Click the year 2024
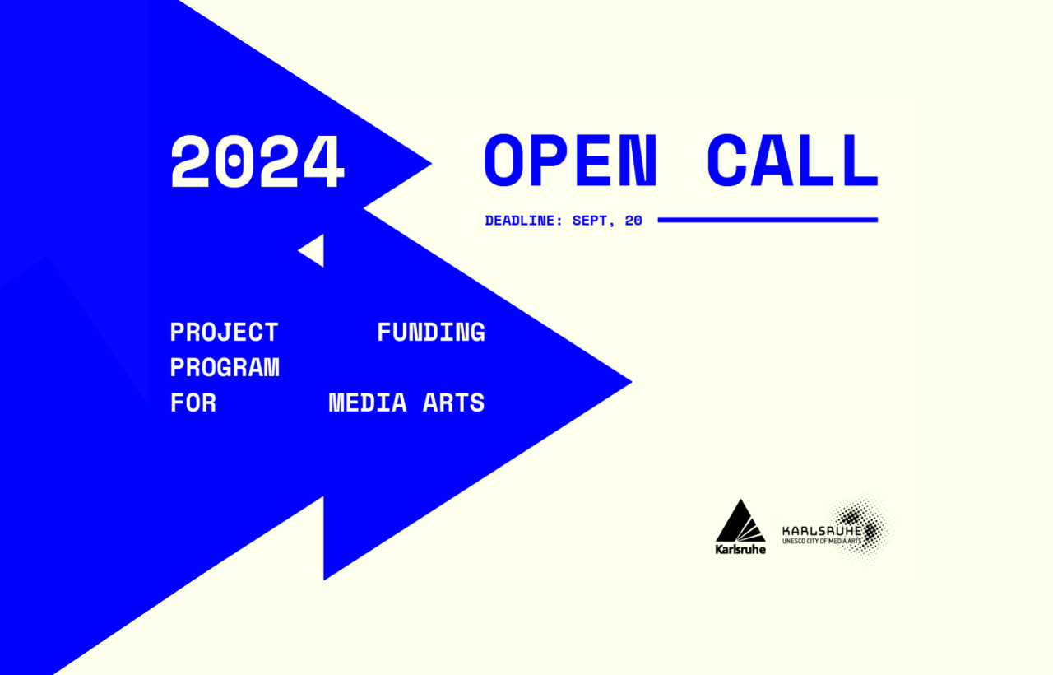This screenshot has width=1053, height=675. [257, 161]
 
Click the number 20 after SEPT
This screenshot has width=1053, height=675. [633, 221]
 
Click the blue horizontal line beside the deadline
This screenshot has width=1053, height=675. [768, 220]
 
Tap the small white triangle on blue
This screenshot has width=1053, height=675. [311, 250]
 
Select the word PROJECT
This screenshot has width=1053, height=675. [225, 332]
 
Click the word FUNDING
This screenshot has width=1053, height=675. [431, 332]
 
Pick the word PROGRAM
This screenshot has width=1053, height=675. [225, 367]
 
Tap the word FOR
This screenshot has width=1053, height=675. [193, 403]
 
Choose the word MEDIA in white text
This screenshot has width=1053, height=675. [368, 403]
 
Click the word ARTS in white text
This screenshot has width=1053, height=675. [453, 403]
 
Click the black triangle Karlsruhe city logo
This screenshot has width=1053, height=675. [740, 521]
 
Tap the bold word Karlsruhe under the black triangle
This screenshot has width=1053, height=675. [740, 549]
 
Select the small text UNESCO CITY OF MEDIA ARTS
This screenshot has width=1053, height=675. [822, 541]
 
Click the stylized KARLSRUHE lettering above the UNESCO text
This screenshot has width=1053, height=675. [822, 531]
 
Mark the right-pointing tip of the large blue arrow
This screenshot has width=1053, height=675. [633, 383]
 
